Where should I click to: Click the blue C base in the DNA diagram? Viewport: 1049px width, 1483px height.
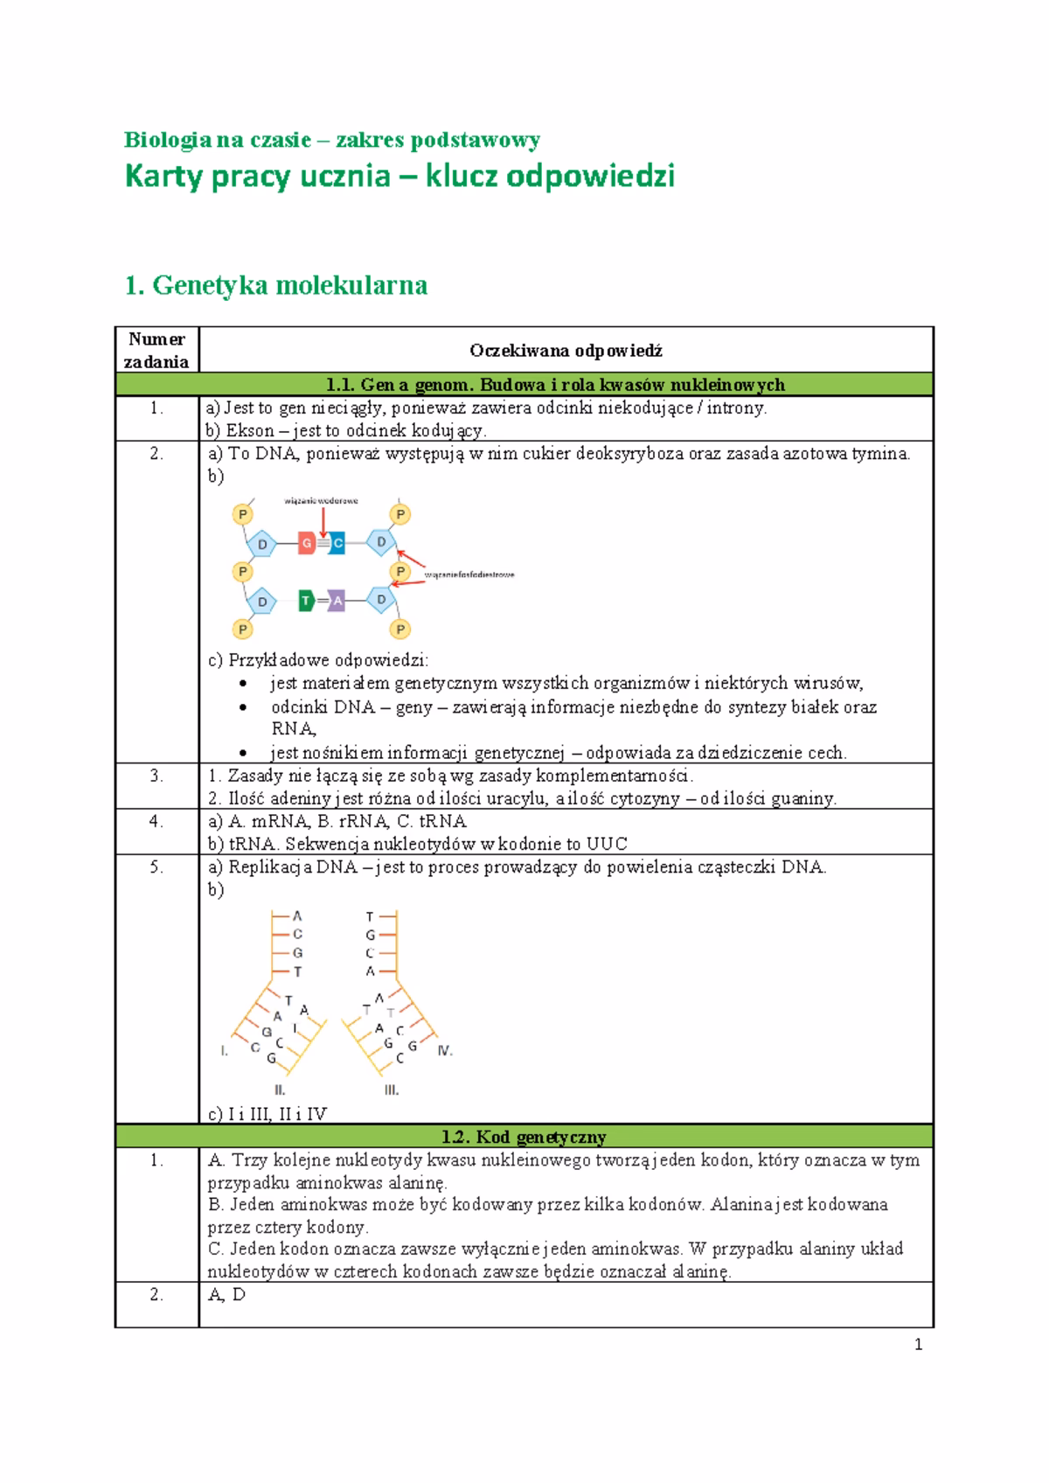click(337, 544)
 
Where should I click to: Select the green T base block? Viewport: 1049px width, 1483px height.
click(306, 601)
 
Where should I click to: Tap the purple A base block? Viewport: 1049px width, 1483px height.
click(337, 601)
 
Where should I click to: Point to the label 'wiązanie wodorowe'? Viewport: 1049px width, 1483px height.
click(321, 501)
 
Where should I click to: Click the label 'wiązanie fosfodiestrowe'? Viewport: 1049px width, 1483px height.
click(469, 574)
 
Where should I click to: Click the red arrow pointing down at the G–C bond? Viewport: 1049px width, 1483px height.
click(323, 521)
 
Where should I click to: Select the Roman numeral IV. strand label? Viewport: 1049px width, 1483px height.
click(445, 1050)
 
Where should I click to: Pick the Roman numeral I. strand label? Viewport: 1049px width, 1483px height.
click(225, 1050)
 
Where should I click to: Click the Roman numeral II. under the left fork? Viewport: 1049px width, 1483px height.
click(280, 1090)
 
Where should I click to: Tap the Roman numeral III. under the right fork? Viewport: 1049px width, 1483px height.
click(392, 1090)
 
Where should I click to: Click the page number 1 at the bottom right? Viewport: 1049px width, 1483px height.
click(918, 1345)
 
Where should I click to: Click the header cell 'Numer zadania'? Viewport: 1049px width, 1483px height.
click(156, 350)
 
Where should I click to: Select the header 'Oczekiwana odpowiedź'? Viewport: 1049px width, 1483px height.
click(566, 351)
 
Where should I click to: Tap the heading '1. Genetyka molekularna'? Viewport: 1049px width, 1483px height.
click(276, 285)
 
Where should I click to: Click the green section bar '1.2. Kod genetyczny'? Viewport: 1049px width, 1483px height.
click(524, 1137)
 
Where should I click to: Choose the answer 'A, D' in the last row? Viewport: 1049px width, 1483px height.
click(226, 1295)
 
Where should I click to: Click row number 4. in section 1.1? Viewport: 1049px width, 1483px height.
click(156, 821)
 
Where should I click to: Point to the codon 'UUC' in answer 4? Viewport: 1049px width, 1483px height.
click(607, 844)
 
